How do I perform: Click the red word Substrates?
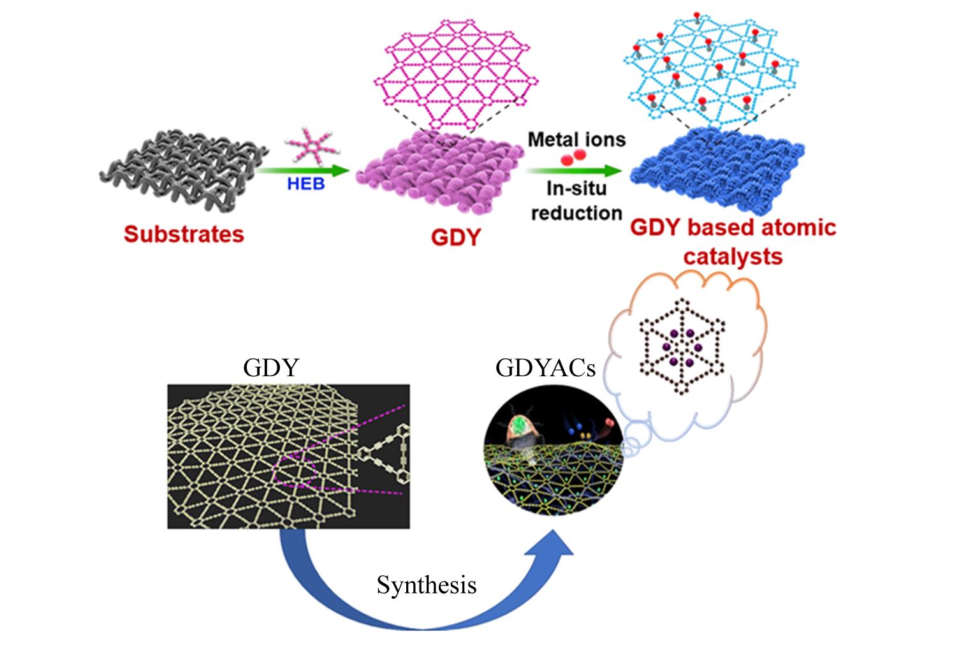[184, 234]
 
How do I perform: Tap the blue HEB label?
[305, 184]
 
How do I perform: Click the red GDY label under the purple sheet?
[455, 237]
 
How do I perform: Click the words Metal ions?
[576, 139]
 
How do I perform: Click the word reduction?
[576, 212]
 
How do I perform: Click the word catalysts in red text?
[733, 256]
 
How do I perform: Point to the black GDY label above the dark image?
[271, 368]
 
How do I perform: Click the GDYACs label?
[545, 368]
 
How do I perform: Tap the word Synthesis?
[426, 585]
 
